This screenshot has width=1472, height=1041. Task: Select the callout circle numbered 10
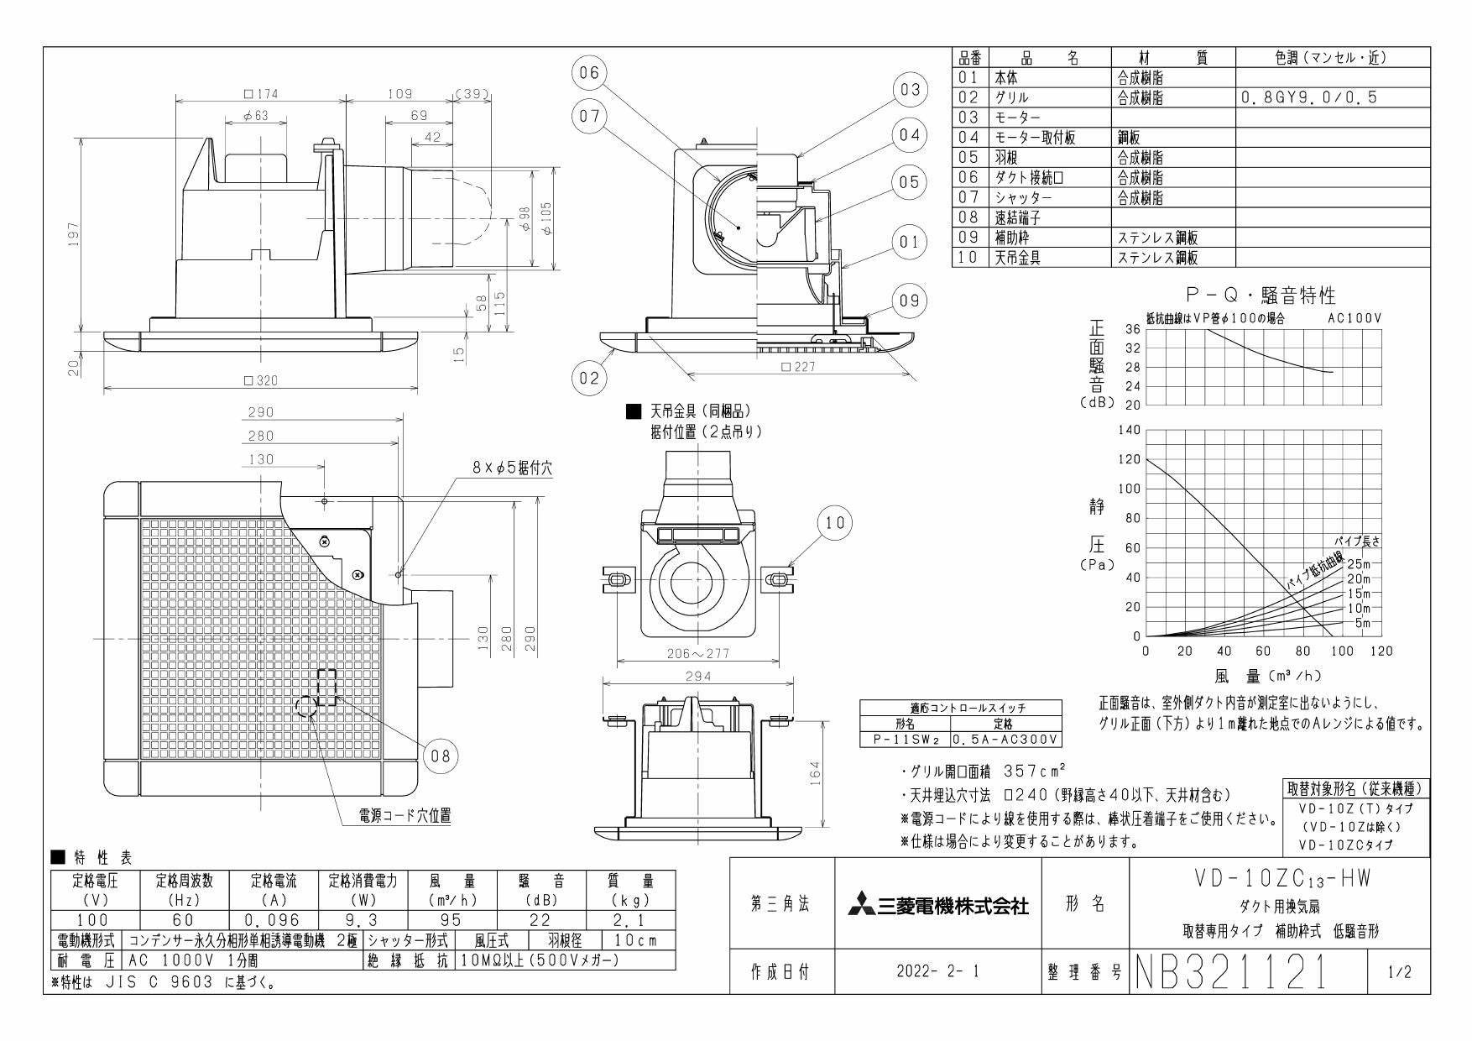pos(835,523)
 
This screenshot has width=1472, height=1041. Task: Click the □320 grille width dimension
pos(260,380)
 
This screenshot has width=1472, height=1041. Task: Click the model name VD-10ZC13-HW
pos(1281,880)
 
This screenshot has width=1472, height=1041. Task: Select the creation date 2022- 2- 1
pos(938,973)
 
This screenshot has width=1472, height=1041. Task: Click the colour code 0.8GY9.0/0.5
pos(1308,97)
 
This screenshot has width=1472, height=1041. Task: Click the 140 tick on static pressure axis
pos(1130,430)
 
